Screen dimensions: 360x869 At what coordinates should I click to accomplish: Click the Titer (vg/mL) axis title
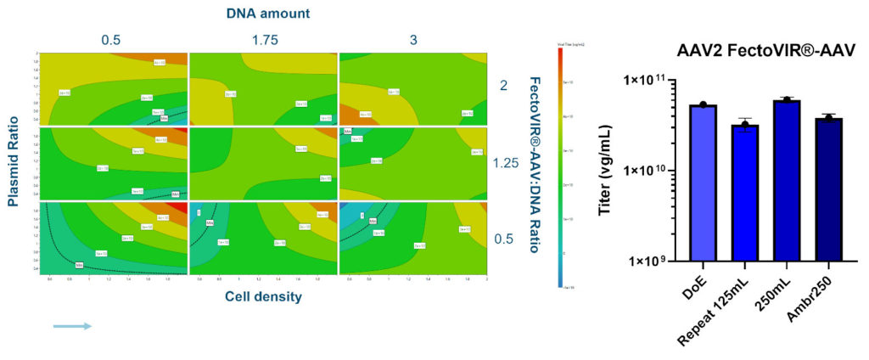coord(606,170)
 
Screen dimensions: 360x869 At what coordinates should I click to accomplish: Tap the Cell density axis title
coord(263,295)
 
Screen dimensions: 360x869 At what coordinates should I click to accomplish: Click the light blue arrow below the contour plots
coord(71,325)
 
